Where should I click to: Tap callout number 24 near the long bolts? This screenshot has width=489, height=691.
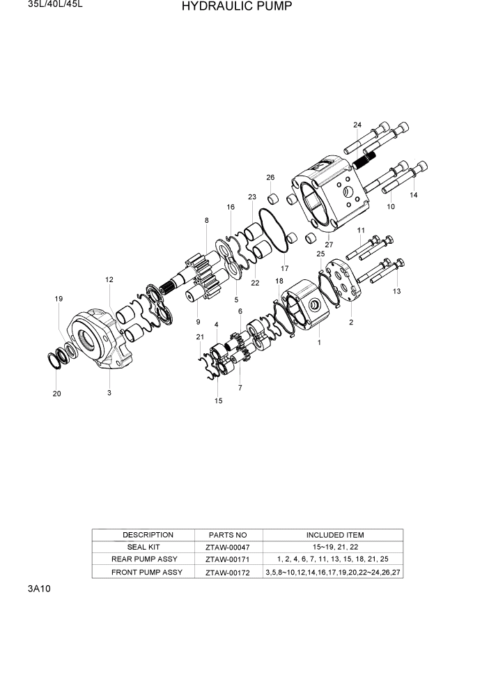[357, 125]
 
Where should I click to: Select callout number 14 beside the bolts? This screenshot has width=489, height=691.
[414, 196]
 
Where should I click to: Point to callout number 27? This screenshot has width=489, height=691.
[329, 244]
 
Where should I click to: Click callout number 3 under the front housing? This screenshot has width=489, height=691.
[109, 393]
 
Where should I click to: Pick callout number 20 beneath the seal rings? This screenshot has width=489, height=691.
[56, 394]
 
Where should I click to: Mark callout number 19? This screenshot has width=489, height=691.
[59, 299]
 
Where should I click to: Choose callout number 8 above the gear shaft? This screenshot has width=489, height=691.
[206, 221]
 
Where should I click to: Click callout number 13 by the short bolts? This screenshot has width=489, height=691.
[396, 291]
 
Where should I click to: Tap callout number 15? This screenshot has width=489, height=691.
[218, 401]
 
